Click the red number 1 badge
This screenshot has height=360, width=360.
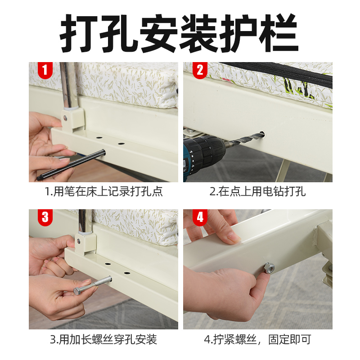[45, 70]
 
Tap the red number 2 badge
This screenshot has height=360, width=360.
[200, 70]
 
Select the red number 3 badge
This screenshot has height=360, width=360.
[45, 217]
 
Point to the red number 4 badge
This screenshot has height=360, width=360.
[200, 217]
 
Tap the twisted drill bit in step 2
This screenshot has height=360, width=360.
[245, 139]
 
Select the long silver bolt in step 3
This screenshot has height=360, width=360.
[93, 285]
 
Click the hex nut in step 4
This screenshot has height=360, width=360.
[269, 268]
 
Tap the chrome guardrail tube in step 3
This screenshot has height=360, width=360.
[85, 221]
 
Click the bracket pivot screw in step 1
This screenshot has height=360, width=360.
[65, 118]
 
